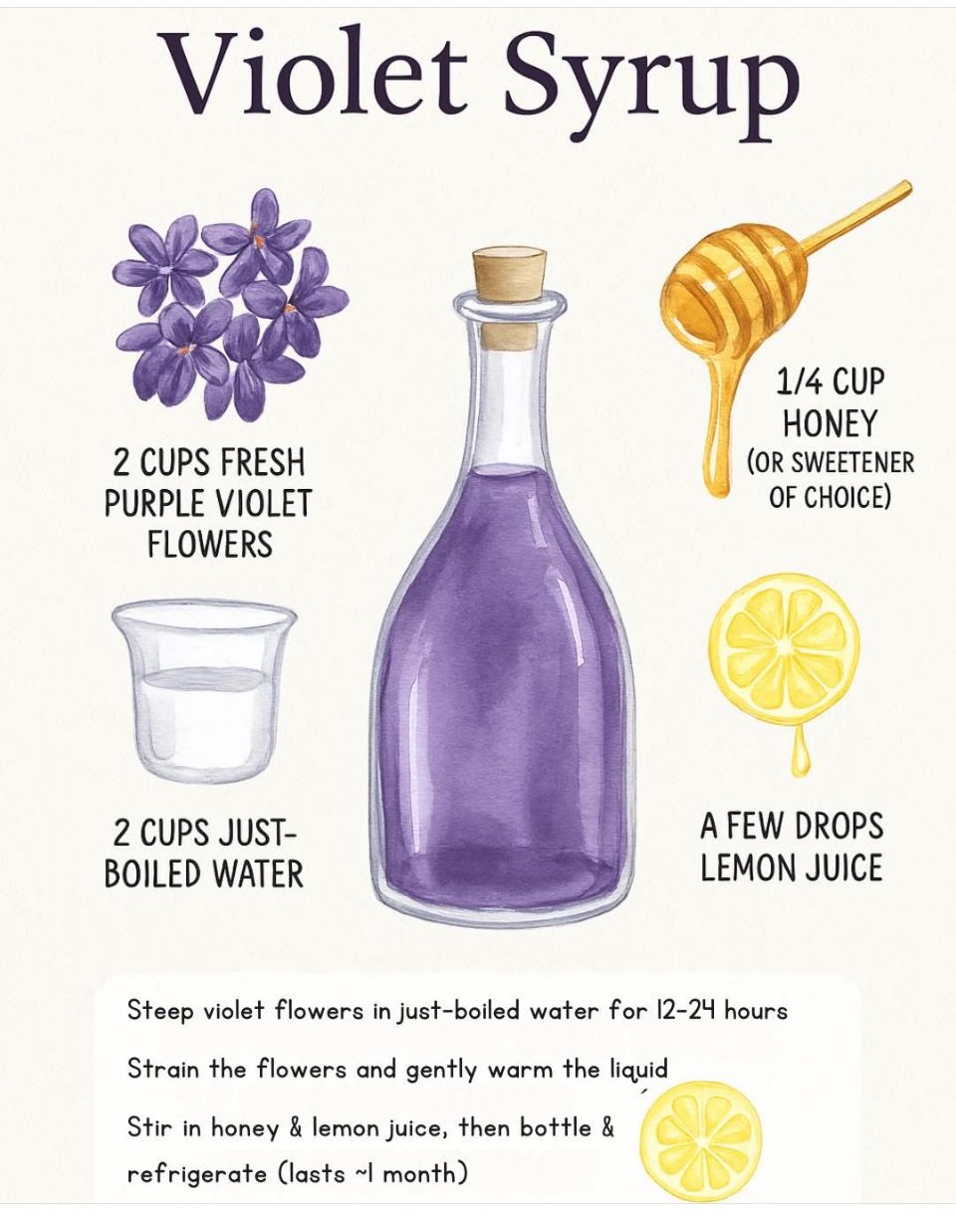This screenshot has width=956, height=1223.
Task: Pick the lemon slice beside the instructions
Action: [x=701, y=1138]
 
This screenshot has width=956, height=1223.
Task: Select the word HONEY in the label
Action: [x=831, y=424]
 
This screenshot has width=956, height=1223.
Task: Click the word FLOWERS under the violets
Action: [x=210, y=544]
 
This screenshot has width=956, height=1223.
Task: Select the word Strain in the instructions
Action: [x=163, y=1069]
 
